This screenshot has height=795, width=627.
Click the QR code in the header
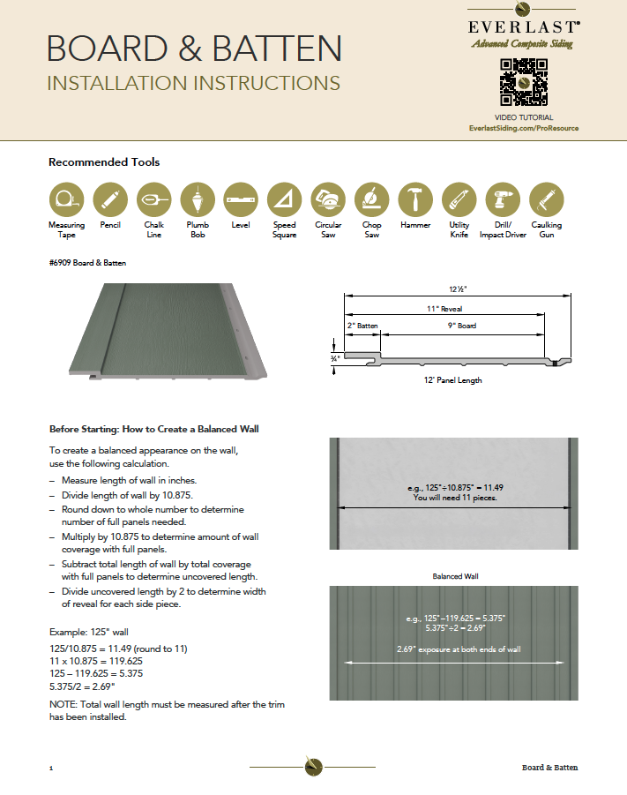(x=524, y=83)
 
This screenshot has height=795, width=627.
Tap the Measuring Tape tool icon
(x=66, y=200)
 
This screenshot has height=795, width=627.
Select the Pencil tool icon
(x=110, y=200)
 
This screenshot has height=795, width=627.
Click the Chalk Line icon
(x=154, y=200)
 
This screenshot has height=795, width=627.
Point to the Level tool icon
(x=241, y=200)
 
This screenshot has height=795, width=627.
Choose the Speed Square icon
(x=285, y=200)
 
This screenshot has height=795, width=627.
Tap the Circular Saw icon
(x=328, y=200)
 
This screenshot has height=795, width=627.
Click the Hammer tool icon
(x=415, y=200)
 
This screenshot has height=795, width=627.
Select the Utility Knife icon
(x=459, y=200)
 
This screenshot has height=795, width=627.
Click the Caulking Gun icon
(x=547, y=200)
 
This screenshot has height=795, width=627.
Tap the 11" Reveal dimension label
(x=444, y=309)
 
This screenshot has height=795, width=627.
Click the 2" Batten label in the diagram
(x=362, y=326)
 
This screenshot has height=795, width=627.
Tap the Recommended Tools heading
(x=104, y=162)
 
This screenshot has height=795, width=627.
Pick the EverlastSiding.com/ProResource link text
(x=524, y=128)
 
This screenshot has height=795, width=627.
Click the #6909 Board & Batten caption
(x=87, y=262)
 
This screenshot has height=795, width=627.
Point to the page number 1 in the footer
(x=51, y=769)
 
